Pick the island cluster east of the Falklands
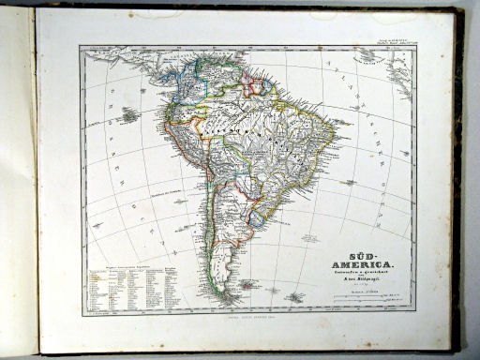[x=295, y=298]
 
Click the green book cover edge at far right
[x=457, y=187]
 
